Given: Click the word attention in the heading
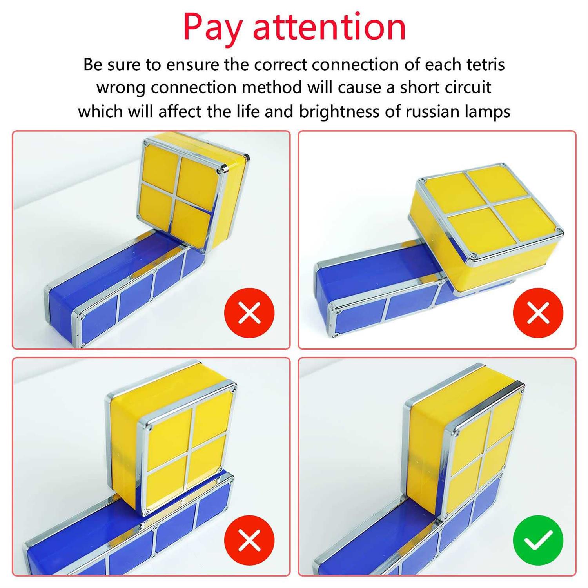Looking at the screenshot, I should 329,27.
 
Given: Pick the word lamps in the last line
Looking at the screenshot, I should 487,112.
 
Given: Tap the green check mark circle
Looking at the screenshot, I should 538,540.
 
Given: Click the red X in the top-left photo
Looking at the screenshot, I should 249,313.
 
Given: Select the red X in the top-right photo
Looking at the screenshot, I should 538,313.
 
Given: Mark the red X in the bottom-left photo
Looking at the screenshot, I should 249,540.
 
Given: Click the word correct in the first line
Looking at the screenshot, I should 281,64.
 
